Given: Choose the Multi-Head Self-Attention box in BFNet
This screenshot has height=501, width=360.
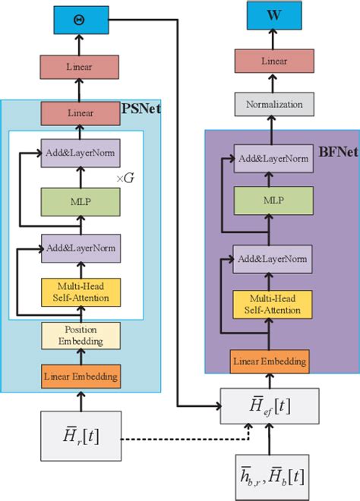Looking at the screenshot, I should pos(272,304).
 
